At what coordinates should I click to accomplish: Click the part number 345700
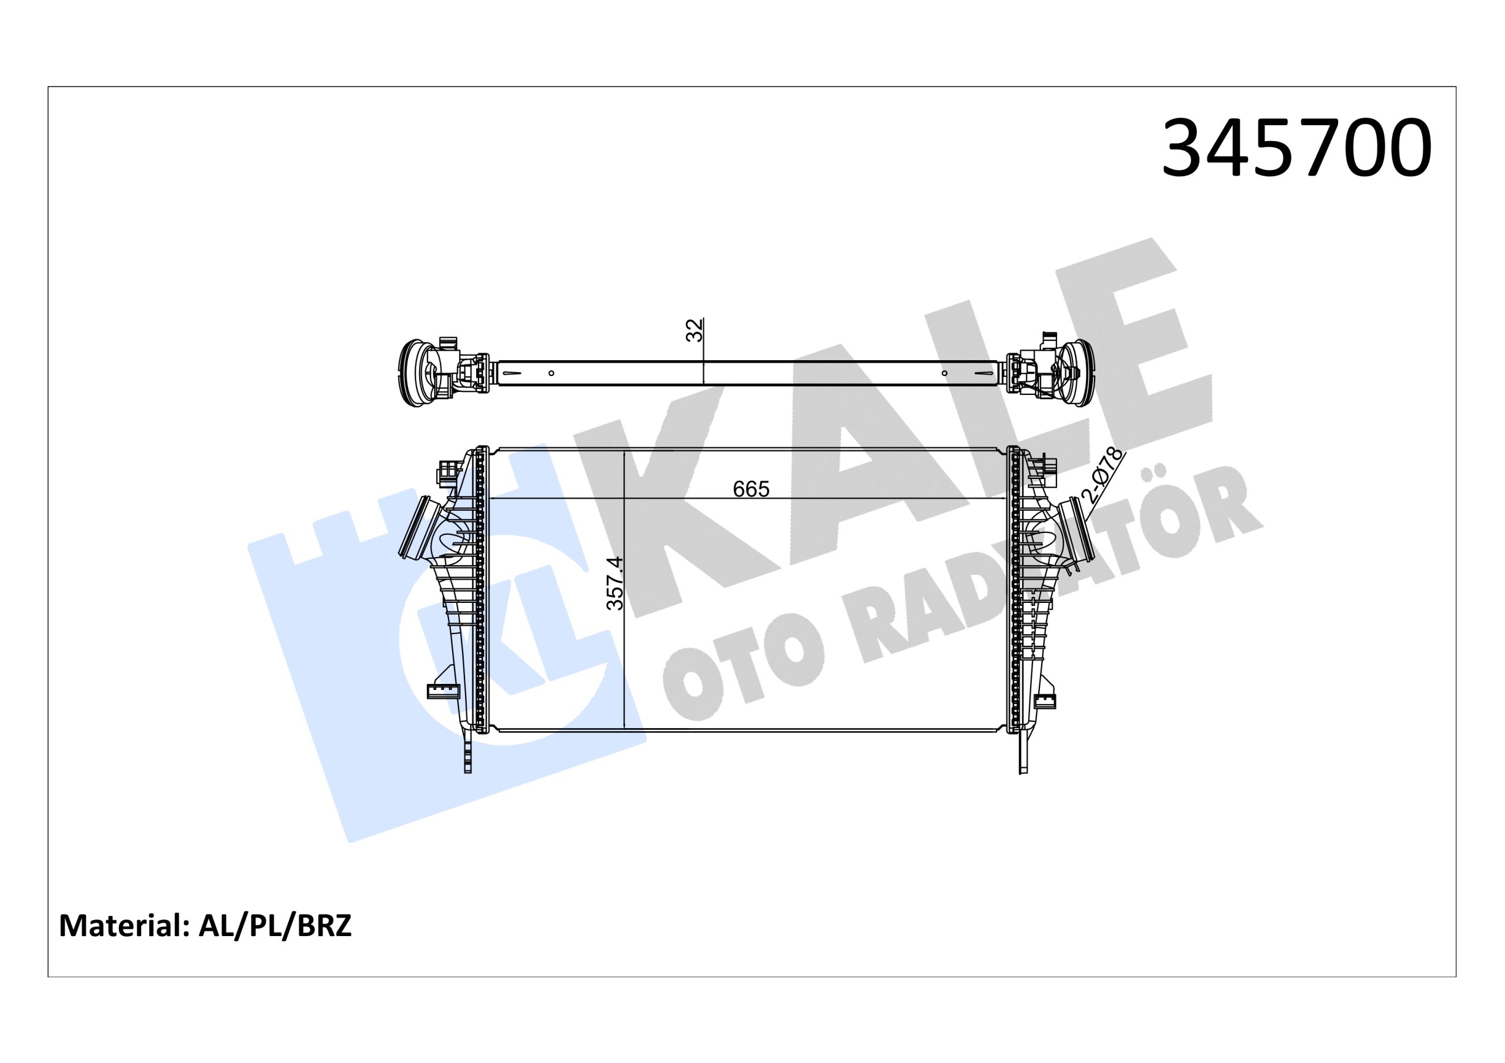1296,149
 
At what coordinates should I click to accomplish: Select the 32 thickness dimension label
694,330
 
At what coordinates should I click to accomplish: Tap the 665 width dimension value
751,489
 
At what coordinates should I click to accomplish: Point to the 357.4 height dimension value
616,584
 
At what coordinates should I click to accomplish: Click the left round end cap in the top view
413,372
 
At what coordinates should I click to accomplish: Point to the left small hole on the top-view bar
551,373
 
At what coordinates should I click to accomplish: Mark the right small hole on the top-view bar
944,373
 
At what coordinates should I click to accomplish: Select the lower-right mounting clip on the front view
1045,700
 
